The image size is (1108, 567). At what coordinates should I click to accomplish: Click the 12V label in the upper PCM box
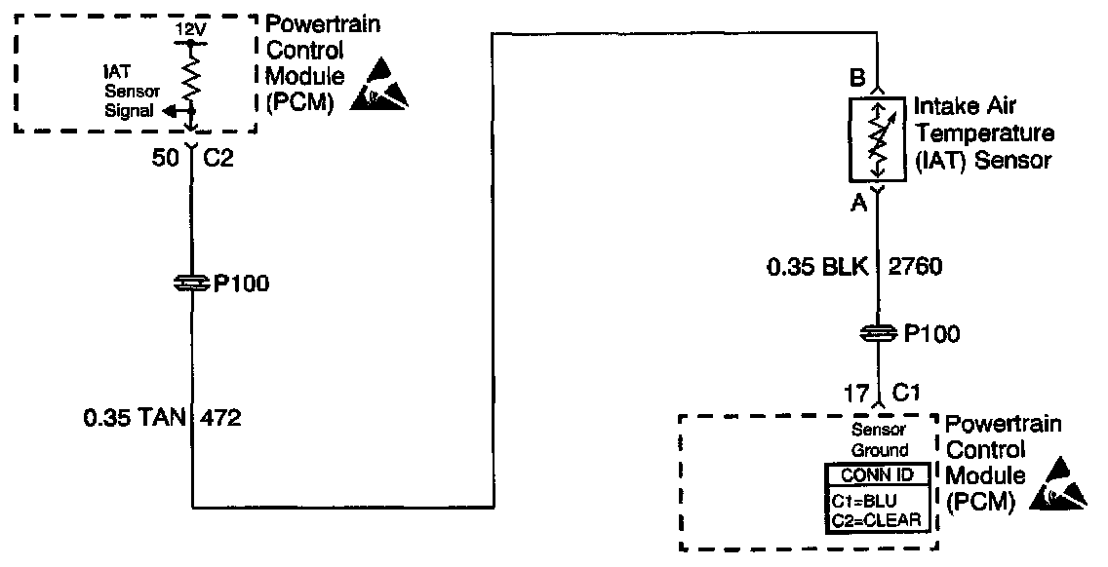click(x=191, y=30)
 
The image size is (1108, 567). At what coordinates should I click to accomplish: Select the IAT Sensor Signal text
click(x=131, y=91)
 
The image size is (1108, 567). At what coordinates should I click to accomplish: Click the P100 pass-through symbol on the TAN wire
click(x=191, y=283)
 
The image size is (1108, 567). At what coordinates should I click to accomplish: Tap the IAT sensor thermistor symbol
click(x=879, y=138)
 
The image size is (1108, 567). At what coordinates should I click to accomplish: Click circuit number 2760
click(x=916, y=267)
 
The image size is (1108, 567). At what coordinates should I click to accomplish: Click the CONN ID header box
click(x=878, y=475)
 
